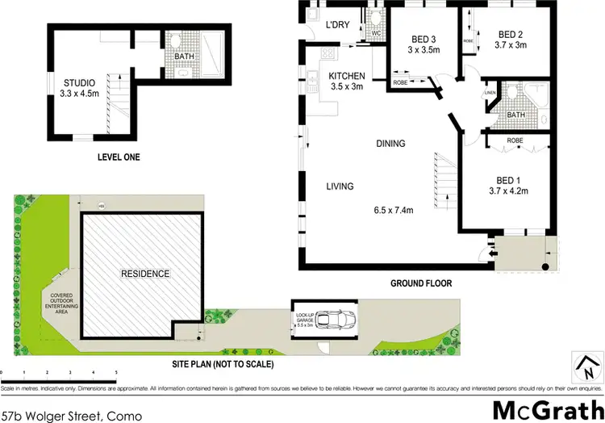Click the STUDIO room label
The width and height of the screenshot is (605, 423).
click(x=80, y=82)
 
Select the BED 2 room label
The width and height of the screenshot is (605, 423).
click(x=511, y=34)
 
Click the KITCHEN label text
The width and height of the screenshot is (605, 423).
click(x=348, y=77)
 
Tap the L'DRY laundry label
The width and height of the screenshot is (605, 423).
click(x=337, y=25)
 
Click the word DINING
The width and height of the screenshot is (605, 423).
click(x=390, y=144)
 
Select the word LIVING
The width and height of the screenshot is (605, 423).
click(x=340, y=186)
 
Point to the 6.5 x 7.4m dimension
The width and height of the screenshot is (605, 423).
click(x=394, y=211)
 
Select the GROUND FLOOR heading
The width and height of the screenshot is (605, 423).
click(x=420, y=284)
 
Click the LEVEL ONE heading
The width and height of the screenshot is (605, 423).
click(x=118, y=157)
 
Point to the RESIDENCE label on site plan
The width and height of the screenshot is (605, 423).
click(x=146, y=274)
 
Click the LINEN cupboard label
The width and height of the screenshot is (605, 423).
click(x=489, y=93)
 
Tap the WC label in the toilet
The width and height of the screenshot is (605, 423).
click(x=374, y=33)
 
